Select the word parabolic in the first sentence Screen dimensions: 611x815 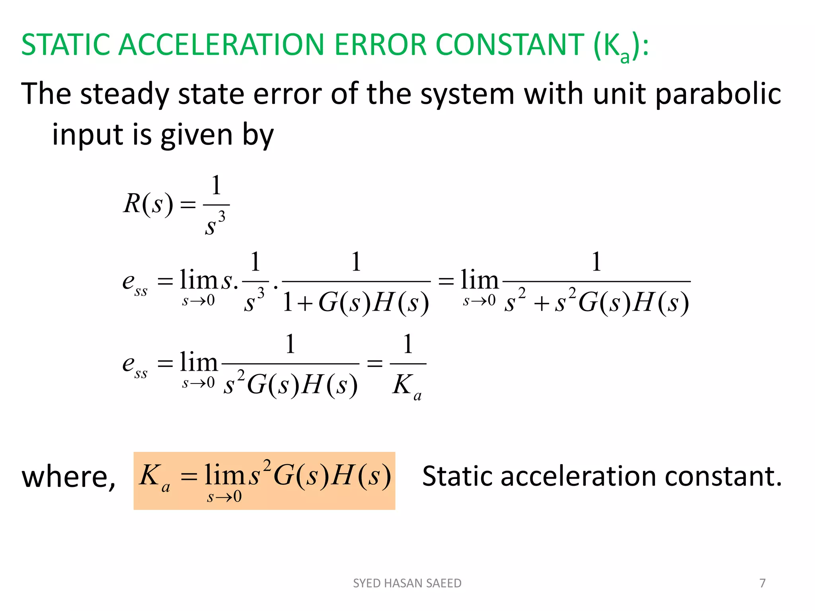(x=718, y=94)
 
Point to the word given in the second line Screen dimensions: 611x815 (x=197, y=135)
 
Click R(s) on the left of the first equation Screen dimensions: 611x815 (x=148, y=204)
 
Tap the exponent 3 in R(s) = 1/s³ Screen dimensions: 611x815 (x=222, y=217)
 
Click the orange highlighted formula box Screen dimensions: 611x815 (x=264, y=481)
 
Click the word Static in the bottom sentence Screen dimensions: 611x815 (x=457, y=476)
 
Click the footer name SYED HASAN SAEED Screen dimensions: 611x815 (x=407, y=583)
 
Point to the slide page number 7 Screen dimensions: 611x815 (x=762, y=583)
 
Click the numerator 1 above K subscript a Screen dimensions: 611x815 (x=408, y=344)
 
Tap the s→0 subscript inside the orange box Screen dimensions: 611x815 (x=224, y=497)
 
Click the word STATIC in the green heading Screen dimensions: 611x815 (x=66, y=45)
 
